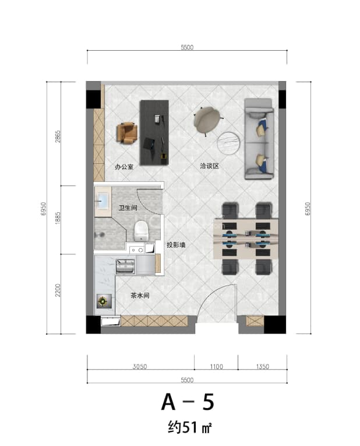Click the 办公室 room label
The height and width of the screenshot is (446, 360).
click(x=124, y=167)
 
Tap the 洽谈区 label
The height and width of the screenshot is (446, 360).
click(x=209, y=166)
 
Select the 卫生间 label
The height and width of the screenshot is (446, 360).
click(x=128, y=208)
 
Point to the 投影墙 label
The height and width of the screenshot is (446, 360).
click(x=176, y=245)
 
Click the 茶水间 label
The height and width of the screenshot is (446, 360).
click(x=140, y=295)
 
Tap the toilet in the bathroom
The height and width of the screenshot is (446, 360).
click(x=141, y=230)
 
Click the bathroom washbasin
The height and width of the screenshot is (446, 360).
click(x=103, y=200)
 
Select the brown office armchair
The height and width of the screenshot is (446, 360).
click(x=127, y=133)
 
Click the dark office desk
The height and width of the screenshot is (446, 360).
click(x=154, y=132)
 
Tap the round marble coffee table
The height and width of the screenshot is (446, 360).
click(x=228, y=143)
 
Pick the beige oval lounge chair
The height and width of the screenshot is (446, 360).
click(x=207, y=120)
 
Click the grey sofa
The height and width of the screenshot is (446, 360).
click(x=259, y=139)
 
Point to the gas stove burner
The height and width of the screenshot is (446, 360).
click(x=103, y=301)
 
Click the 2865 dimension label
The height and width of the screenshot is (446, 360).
click(x=58, y=136)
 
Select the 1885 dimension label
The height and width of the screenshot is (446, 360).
click(x=58, y=218)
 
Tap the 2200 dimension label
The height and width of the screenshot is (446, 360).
click(x=58, y=290)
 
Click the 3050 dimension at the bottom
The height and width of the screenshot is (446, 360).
click(x=140, y=366)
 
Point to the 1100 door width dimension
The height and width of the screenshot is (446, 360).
click(x=217, y=366)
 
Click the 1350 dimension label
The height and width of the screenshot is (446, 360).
click(x=263, y=366)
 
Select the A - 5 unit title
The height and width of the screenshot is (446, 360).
click(x=188, y=402)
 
